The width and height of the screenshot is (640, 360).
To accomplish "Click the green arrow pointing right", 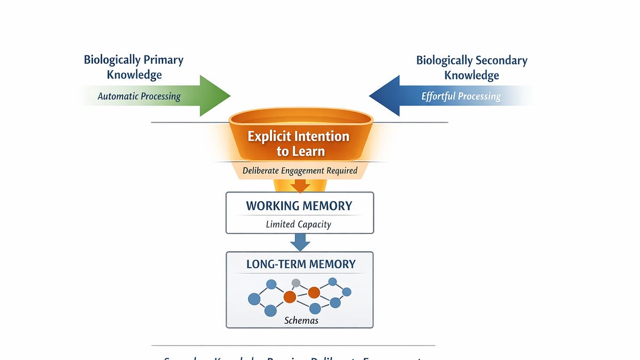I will (x=211, y=96).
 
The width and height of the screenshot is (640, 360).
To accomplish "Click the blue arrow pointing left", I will (x=389, y=96).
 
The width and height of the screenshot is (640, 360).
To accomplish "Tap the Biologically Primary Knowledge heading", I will (x=133, y=67).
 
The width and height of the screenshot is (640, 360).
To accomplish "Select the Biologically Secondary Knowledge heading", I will (x=471, y=67).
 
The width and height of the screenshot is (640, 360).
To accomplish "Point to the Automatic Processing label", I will (x=139, y=97).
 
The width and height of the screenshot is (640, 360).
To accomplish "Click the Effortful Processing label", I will (x=461, y=97).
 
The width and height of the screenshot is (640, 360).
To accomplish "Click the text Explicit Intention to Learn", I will (x=299, y=143).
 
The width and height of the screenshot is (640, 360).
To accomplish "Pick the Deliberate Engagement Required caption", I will (x=300, y=171).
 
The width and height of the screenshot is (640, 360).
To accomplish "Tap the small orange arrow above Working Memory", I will (x=300, y=186).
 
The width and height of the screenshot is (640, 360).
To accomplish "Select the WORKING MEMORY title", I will (x=299, y=206).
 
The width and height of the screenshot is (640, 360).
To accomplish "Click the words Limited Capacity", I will (x=299, y=224).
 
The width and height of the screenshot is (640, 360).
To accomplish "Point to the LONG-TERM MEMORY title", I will (x=301, y=264).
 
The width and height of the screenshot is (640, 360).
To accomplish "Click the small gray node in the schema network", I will (x=295, y=283).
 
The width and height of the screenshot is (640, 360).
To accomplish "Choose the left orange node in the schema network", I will (x=290, y=297).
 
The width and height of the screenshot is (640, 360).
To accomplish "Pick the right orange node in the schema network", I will (x=314, y=292).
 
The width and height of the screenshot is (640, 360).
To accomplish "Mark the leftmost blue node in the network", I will (x=254, y=299).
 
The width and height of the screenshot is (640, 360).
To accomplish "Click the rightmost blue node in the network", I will (x=346, y=292).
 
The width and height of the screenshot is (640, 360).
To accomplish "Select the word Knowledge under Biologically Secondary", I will (x=471, y=75).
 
